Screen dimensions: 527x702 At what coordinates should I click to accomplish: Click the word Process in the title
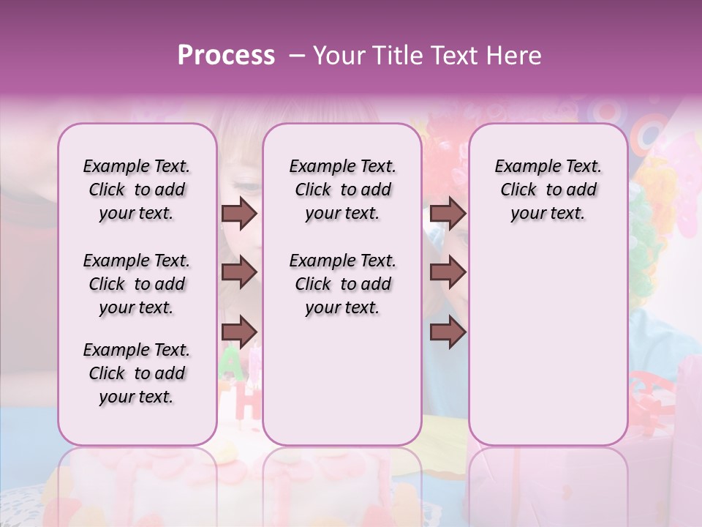[226, 56]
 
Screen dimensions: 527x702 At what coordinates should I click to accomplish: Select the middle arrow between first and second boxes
[238, 272]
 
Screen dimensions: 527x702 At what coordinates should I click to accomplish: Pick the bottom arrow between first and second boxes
[238, 332]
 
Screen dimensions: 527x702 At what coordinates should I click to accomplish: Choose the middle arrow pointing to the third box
[448, 272]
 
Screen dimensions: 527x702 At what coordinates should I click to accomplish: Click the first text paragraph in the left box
[137, 190]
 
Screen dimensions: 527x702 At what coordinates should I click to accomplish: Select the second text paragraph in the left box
[137, 284]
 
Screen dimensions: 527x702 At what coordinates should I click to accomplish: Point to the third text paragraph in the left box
[137, 373]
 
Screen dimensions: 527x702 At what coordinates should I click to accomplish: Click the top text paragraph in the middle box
[342, 190]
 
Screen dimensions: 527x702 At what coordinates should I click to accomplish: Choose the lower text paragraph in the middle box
[342, 284]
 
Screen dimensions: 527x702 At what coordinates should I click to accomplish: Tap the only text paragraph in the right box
[548, 190]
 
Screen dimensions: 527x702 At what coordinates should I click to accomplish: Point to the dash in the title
[296, 56]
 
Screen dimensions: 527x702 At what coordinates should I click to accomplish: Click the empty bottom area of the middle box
[342, 388]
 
